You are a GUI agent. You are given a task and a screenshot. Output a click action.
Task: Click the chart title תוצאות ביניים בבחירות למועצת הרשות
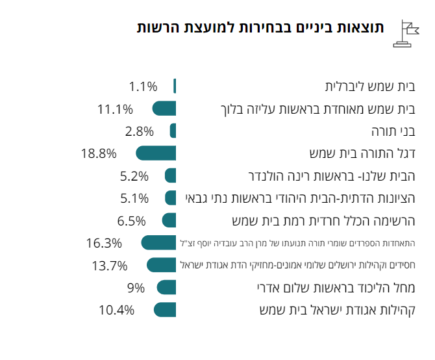(x=260, y=28)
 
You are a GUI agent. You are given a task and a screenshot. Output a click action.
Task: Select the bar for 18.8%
(x=156, y=153)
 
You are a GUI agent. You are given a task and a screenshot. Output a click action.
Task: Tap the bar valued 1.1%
(x=175, y=86)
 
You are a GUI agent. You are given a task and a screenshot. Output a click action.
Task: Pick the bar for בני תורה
(x=173, y=131)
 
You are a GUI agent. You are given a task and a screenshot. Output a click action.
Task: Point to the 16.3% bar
(x=159, y=243)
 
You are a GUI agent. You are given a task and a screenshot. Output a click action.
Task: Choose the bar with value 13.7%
(x=162, y=265)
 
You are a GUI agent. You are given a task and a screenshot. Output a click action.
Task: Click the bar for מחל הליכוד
(x=167, y=287)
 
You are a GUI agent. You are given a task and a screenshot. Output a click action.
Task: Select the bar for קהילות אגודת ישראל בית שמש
(x=165, y=309)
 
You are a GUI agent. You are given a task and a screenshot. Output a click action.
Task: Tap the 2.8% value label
(x=139, y=131)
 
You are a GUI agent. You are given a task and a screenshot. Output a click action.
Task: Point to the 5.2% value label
(x=134, y=175)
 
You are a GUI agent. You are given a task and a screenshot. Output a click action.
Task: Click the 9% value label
(x=136, y=287)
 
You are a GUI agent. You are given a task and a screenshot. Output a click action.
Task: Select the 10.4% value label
(x=117, y=309)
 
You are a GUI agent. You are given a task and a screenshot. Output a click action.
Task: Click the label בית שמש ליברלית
(x=369, y=86)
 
